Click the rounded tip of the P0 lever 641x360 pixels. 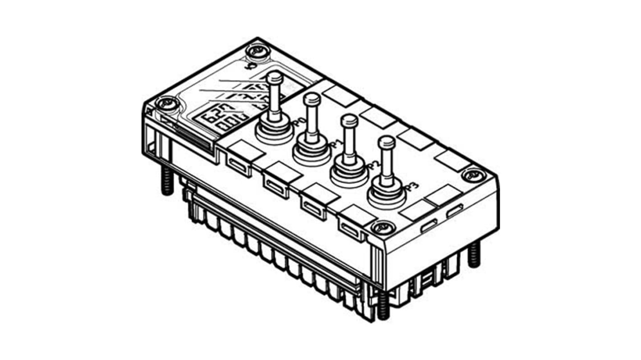(x=274, y=78)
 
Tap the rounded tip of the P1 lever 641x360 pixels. (x=312, y=98)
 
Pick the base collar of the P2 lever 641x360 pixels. (x=349, y=174)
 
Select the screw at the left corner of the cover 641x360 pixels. (x=164, y=103)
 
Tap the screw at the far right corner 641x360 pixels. (x=472, y=174)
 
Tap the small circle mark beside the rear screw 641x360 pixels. (x=246, y=67)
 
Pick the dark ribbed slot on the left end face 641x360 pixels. (x=192, y=138)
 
